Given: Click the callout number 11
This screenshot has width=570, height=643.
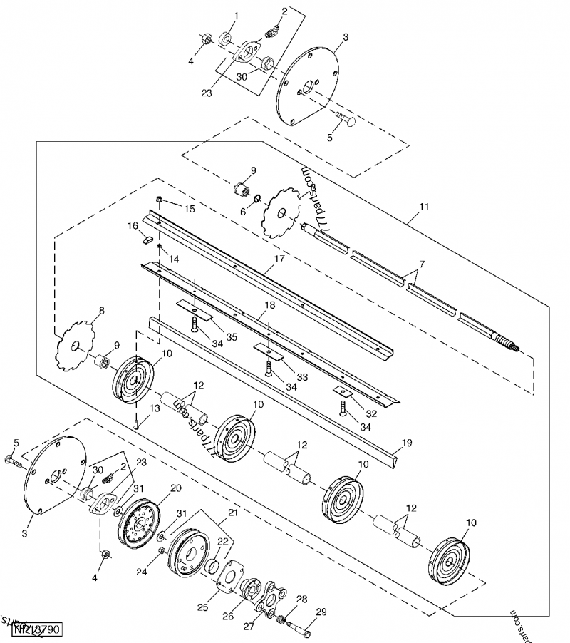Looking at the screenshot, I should pyautogui.click(x=424, y=207).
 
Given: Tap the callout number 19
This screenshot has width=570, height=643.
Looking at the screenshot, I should pyautogui.click(x=406, y=443).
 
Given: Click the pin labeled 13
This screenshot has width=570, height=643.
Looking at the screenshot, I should pyautogui.click(x=135, y=422).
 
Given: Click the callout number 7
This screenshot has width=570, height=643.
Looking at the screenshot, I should pyautogui.click(x=422, y=264).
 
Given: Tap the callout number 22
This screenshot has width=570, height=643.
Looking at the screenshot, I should pyautogui.click(x=223, y=542).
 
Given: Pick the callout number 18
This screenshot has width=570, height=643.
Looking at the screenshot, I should pyautogui.click(x=269, y=305).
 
